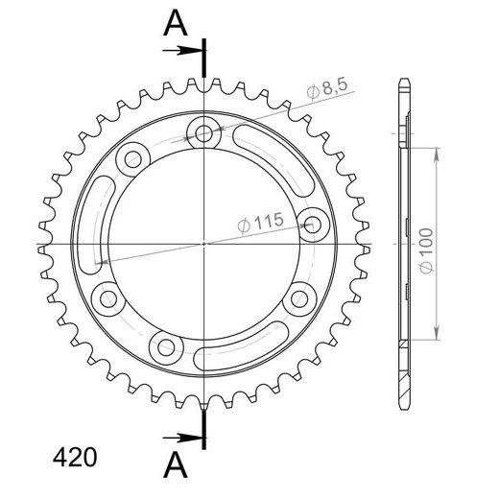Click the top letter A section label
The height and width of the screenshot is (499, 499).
(x=175, y=24)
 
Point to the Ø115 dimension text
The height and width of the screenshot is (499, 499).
(x=259, y=222)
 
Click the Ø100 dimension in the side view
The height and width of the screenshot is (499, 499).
(x=428, y=252)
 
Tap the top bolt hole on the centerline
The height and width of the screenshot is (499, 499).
(x=204, y=131)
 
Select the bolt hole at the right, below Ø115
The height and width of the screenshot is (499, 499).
(x=312, y=225)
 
